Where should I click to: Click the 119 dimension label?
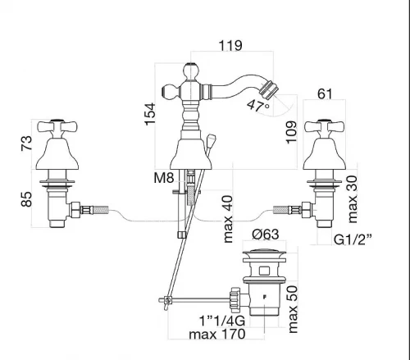tap(230, 45)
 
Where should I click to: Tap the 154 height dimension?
tap(150, 114)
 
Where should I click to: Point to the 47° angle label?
tap(258, 105)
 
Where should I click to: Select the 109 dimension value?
tap(291, 132)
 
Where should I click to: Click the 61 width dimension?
tap(325, 94)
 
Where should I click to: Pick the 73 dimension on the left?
tap(26, 144)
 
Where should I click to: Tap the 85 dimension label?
tap(26, 199)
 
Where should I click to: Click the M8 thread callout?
tap(164, 178)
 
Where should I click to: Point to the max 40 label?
tap(228, 219)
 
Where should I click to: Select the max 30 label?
tap(353, 199)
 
